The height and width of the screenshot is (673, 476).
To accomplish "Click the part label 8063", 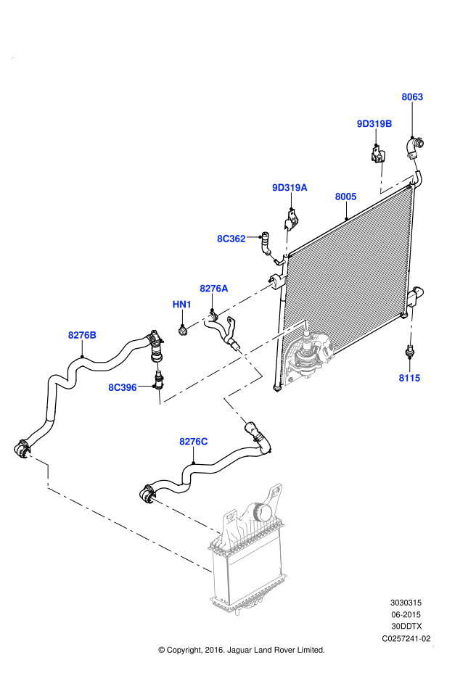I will click(x=412, y=97).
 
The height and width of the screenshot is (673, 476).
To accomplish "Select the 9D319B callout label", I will click(x=374, y=124).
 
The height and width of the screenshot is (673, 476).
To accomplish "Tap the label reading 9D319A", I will click(x=290, y=188).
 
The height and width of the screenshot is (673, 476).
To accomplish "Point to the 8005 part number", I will click(x=345, y=197).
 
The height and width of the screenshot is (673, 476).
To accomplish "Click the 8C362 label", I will click(x=231, y=239).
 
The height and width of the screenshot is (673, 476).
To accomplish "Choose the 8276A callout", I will click(x=214, y=289).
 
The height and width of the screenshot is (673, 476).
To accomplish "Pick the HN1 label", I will click(x=182, y=305).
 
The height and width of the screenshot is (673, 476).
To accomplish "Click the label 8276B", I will click(x=82, y=335).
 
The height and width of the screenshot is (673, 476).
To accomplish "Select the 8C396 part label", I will click(x=123, y=387).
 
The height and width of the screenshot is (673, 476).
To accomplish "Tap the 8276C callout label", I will click(x=194, y=442).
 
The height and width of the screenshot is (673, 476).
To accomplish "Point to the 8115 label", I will click(x=409, y=378).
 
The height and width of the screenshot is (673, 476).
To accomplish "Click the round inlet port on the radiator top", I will click(x=263, y=513).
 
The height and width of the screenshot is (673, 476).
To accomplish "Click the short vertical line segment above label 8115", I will click(x=411, y=326).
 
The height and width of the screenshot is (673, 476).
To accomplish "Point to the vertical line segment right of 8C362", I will click(x=287, y=242).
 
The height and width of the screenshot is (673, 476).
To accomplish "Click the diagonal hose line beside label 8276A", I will click(x=245, y=300).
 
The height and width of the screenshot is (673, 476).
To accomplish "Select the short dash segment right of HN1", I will click(x=199, y=321).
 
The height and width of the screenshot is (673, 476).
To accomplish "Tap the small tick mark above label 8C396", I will click(x=157, y=367).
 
